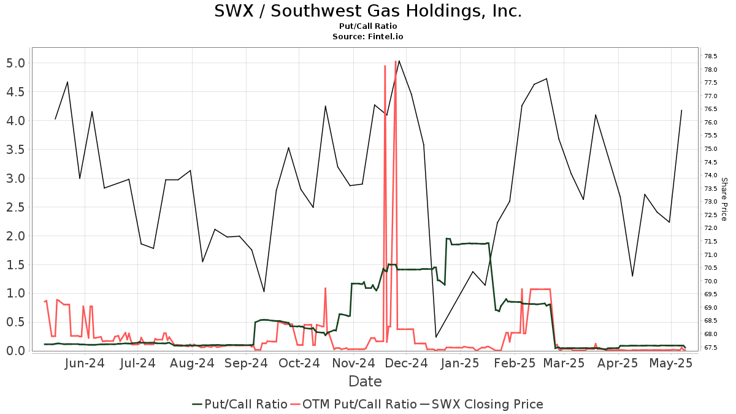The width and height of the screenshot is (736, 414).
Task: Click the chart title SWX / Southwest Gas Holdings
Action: (x=368, y=11)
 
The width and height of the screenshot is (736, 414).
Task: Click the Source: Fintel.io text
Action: (x=368, y=37)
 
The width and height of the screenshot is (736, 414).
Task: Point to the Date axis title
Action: (x=365, y=381)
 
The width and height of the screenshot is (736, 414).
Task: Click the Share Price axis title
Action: (x=724, y=199)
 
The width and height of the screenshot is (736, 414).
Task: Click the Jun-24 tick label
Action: (x=85, y=363)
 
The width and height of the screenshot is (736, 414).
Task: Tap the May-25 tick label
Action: (x=672, y=363)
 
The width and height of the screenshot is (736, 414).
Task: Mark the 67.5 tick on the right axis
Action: (x=712, y=348)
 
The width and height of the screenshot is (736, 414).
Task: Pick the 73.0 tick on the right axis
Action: (x=712, y=202)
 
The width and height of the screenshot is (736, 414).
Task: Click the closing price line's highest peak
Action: (x=399, y=61)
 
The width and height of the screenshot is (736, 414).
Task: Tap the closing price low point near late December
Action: (x=436, y=337)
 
